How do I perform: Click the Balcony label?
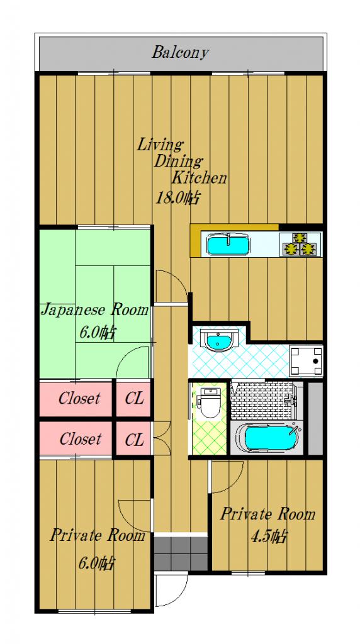(181, 53)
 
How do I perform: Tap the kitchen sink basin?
(228, 245)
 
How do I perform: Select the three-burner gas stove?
(300, 245)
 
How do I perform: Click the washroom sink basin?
(219, 340)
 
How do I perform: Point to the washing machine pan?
(306, 361)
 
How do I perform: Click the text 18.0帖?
(178, 198)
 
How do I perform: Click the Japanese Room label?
(94, 309)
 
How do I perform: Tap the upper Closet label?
(79, 398)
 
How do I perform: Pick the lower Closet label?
(80, 439)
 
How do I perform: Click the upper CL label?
(134, 398)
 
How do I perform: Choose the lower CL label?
(134, 440)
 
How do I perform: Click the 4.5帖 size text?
(269, 536)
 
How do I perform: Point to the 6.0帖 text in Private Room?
(96, 563)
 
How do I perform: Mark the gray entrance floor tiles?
(181, 553)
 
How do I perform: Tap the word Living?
(159, 145)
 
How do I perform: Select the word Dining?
(178, 162)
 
